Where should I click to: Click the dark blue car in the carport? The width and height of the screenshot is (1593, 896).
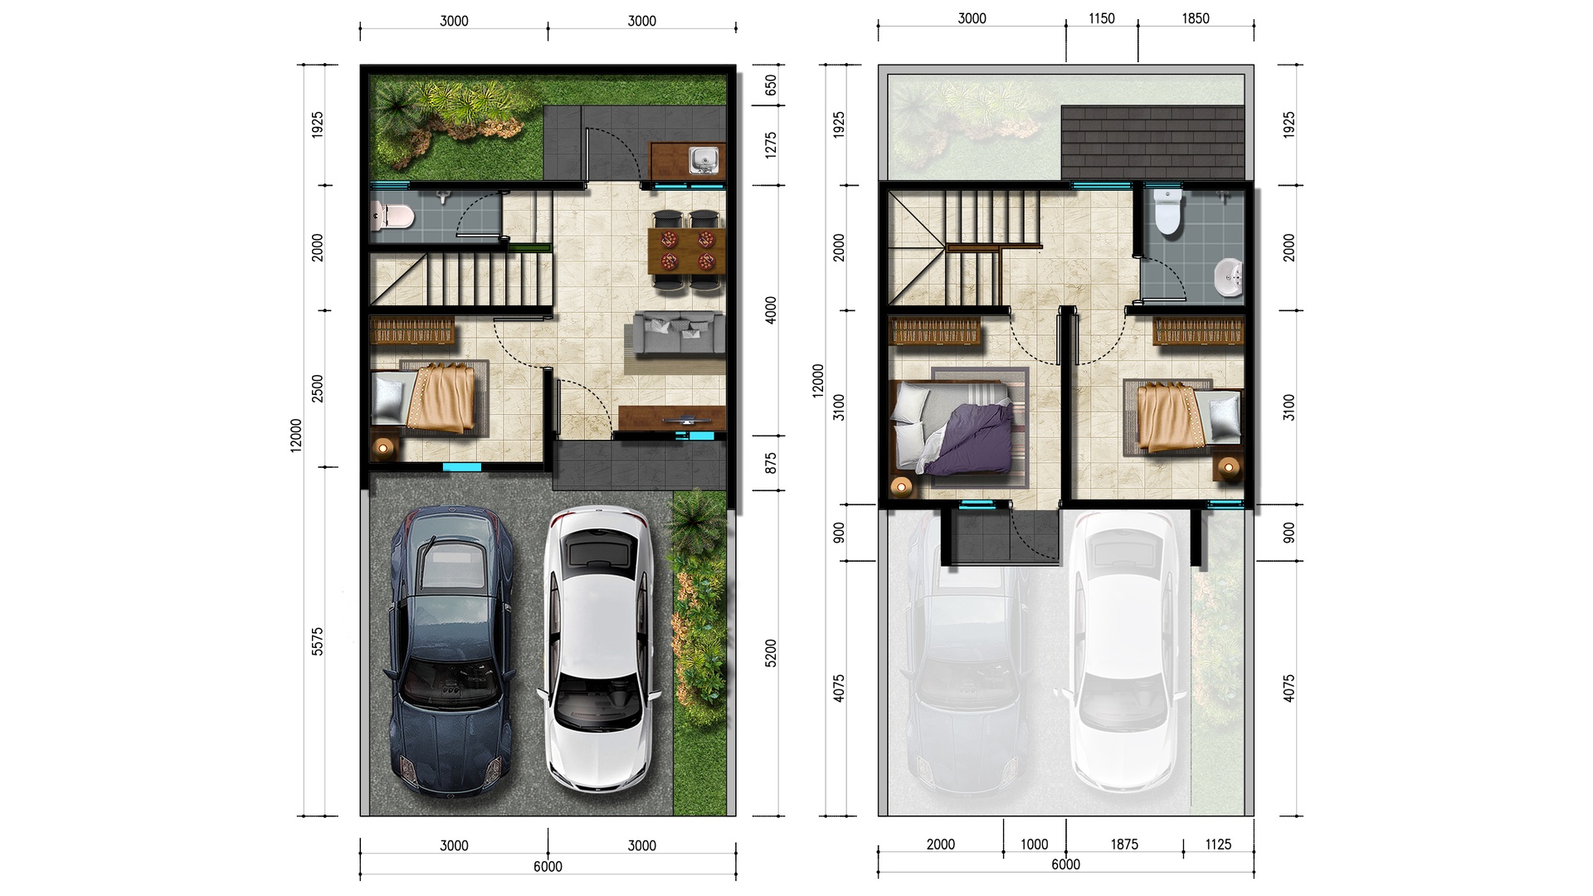[x=450, y=652]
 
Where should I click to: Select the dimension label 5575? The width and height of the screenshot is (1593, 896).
[x=318, y=641]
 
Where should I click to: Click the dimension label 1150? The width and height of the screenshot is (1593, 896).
[x=1102, y=18]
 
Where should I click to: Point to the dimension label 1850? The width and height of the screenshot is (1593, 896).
[x=1196, y=18]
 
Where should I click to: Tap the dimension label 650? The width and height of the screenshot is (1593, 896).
[x=771, y=85]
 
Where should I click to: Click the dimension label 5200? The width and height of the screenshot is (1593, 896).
[x=771, y=653]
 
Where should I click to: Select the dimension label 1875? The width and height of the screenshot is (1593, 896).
[x=1124, y=845]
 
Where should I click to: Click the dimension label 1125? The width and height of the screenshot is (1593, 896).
[x=1218, y=845]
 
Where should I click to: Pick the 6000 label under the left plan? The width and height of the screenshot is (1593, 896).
[x=548, y=867]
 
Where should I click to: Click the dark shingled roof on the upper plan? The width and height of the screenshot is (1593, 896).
[x=1153, y=143]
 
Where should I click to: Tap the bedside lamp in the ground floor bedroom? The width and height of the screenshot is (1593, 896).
[x=383, y=448]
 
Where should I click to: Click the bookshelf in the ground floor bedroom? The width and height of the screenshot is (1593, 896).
[x=412, y=330]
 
